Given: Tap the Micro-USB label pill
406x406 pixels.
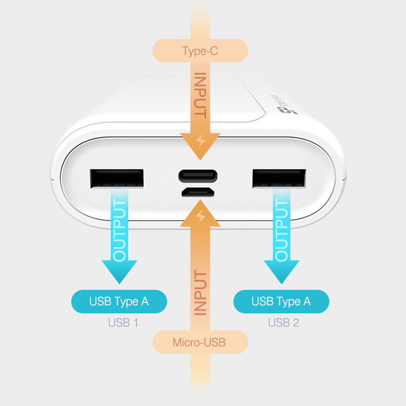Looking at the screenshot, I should (x=199, y=343).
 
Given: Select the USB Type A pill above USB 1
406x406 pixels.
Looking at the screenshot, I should (x=119, y=301).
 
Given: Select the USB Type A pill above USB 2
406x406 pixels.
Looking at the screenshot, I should (x=281, y=301).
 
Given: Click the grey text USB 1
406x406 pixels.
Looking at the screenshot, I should (x=123, y=323).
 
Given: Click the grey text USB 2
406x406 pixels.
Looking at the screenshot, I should (x=283, y=323).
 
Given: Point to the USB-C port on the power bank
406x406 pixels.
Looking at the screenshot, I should (x=198, y=176).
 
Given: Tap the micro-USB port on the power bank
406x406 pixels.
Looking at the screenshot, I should (x=198, y=192).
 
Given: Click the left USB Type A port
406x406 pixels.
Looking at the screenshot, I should (x=117, y=179).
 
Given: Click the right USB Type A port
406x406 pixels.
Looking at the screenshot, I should (x=279, y=179).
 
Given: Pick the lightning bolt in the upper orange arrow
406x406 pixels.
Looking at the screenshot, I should (x=201, y=142).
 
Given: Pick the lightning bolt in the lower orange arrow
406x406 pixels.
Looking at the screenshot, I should (x=201, y=216).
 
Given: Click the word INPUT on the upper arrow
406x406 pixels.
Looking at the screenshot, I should (x=200, y=96).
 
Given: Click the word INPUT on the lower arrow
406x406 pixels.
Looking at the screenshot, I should (x=200, y=294).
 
